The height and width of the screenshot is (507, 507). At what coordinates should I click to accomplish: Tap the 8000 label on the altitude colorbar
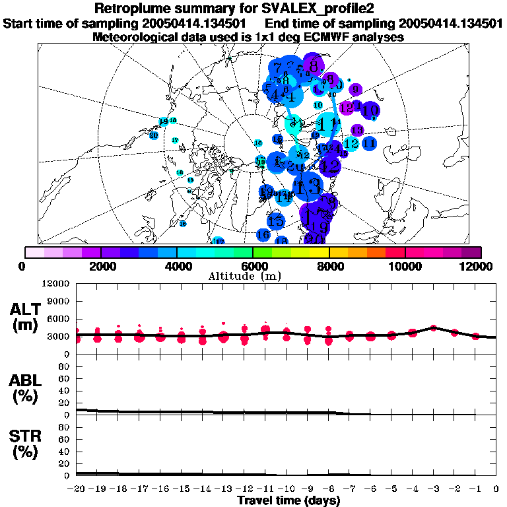click(329, 266)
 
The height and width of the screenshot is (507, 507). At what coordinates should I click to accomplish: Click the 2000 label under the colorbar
click(100, 266)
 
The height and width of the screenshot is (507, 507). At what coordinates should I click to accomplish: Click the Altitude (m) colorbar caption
click(253, 276)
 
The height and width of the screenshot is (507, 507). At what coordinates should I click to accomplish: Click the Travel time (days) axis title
click(288, 501)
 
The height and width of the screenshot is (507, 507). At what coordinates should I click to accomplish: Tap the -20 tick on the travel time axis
click(75, 489)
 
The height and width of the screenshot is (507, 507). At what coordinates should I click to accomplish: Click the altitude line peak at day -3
click(433, 327)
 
